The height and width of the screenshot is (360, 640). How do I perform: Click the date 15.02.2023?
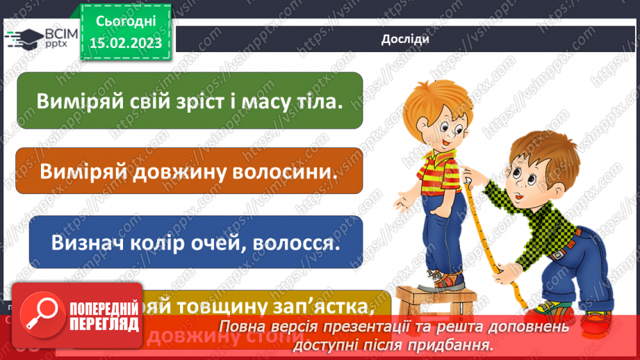pos(125,43)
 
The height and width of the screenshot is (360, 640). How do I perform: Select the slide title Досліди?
pos(404,39)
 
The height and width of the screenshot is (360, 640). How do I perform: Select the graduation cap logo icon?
pos(23,38)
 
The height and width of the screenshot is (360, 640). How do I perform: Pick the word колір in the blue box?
pos(142,243)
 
